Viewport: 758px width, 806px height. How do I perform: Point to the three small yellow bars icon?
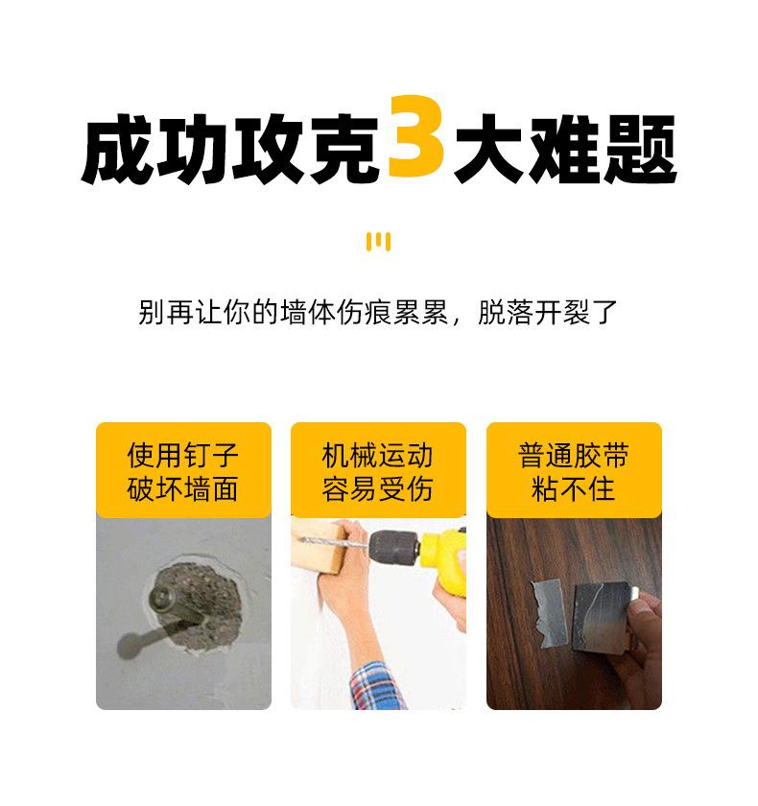pos(378,241)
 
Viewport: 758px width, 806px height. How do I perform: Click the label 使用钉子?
pos(183,455)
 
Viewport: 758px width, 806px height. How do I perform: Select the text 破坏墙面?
pos(183,489)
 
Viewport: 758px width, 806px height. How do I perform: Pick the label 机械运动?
pos(378,455)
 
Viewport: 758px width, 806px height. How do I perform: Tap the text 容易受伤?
pos(378,489)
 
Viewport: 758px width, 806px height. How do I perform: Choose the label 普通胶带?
pos(573,455)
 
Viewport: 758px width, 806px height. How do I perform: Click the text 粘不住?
pos(573,489)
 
